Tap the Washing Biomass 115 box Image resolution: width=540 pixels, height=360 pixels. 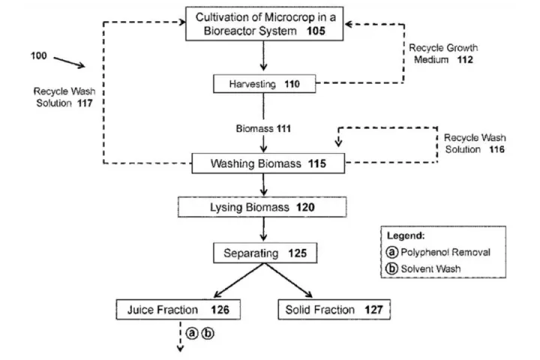260,162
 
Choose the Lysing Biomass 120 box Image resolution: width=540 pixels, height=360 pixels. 260,206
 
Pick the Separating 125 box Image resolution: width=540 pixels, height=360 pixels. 260,253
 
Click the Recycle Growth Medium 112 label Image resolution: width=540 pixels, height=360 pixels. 442,54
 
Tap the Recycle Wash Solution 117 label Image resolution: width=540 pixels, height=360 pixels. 63,97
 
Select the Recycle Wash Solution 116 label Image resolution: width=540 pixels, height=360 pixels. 474,144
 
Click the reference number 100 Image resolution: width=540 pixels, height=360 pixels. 39,56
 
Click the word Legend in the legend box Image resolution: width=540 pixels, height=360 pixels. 406,235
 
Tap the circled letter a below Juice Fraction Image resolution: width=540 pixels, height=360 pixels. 192,334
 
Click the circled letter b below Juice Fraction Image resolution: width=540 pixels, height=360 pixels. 207,334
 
